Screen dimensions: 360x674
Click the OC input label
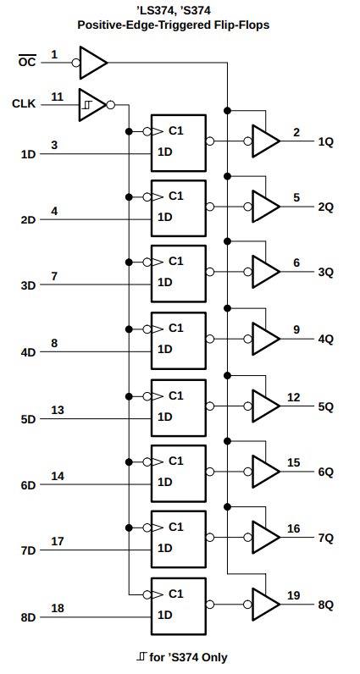tap(27, 62)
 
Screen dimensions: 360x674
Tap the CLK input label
tap(24, 104)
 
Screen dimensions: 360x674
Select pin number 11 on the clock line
tap(58, 97)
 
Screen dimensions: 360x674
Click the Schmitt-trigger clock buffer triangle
tap(91, 105)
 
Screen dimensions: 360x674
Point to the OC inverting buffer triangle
tap(93, 63)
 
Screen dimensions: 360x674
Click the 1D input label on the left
tap(29, 154)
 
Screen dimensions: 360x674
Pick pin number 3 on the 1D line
tap(54, 146)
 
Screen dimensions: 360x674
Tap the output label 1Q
tap(325, 142)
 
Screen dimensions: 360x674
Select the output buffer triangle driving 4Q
tap(266, 340)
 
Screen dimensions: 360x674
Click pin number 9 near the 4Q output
tap(296, 329)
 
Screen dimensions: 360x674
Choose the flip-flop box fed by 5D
tap(179, 407)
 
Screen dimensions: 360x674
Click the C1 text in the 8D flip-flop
tap(176, 594)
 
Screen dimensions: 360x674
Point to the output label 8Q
tap(325, 605)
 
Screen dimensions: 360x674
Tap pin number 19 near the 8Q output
tap(294, 596)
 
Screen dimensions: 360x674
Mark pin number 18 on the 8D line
tap(58, 608)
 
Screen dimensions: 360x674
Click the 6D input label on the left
tap(29, 485)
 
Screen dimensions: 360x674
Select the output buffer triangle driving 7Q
tap(266, 538)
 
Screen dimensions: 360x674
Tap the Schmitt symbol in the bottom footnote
tap(141, 656)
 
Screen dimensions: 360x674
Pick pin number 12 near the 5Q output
tap(294, 398)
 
